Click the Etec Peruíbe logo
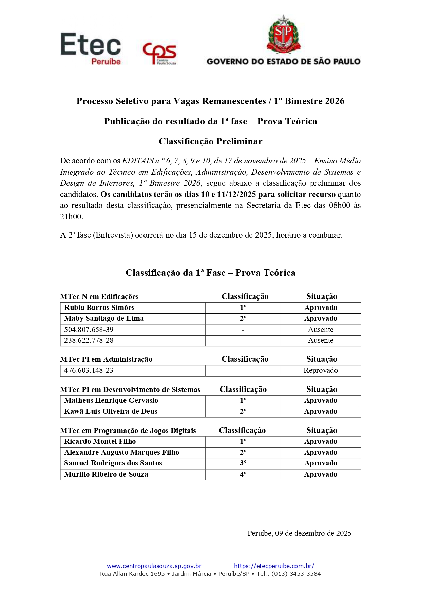91,48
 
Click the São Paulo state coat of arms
283,35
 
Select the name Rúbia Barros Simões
99,308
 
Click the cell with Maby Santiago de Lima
104,318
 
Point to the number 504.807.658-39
89,330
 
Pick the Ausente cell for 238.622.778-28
321,340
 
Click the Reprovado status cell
321,370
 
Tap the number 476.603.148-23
89,370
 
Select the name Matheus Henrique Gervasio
111,400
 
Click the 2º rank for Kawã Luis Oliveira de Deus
243,411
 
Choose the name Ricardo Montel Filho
100,441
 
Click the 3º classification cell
243,463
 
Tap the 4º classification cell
243,474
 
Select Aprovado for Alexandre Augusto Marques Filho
321,452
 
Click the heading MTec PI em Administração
106,359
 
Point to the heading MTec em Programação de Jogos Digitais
128,431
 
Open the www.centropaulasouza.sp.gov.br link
154,566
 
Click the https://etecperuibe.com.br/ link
274,566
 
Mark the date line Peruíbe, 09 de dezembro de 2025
299,533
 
